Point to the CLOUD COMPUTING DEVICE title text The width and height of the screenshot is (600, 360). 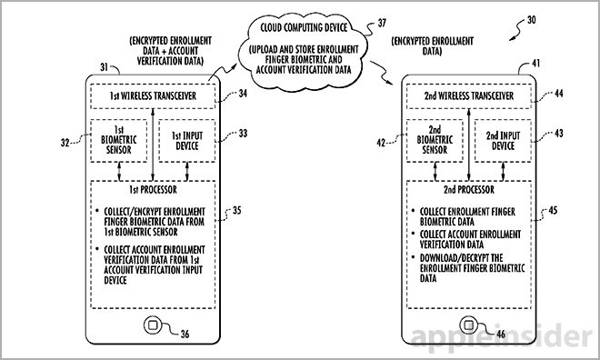[x=304, y=27]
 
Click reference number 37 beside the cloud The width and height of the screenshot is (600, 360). [x=382, y=23]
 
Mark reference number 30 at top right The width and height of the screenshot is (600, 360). [x=532, y=20]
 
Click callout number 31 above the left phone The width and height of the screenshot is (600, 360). [x=104, y=67]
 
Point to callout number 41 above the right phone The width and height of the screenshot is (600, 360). [x=536, y=63]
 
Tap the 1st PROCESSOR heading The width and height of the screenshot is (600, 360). [x=153, y=190]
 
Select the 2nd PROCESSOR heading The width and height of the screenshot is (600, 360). [x=469, y=190]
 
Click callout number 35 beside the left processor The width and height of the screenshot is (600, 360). [x=237, y=211]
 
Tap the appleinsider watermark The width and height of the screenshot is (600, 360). [x=501, y=336]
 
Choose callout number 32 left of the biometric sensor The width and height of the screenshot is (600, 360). [x=65, y=143]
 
